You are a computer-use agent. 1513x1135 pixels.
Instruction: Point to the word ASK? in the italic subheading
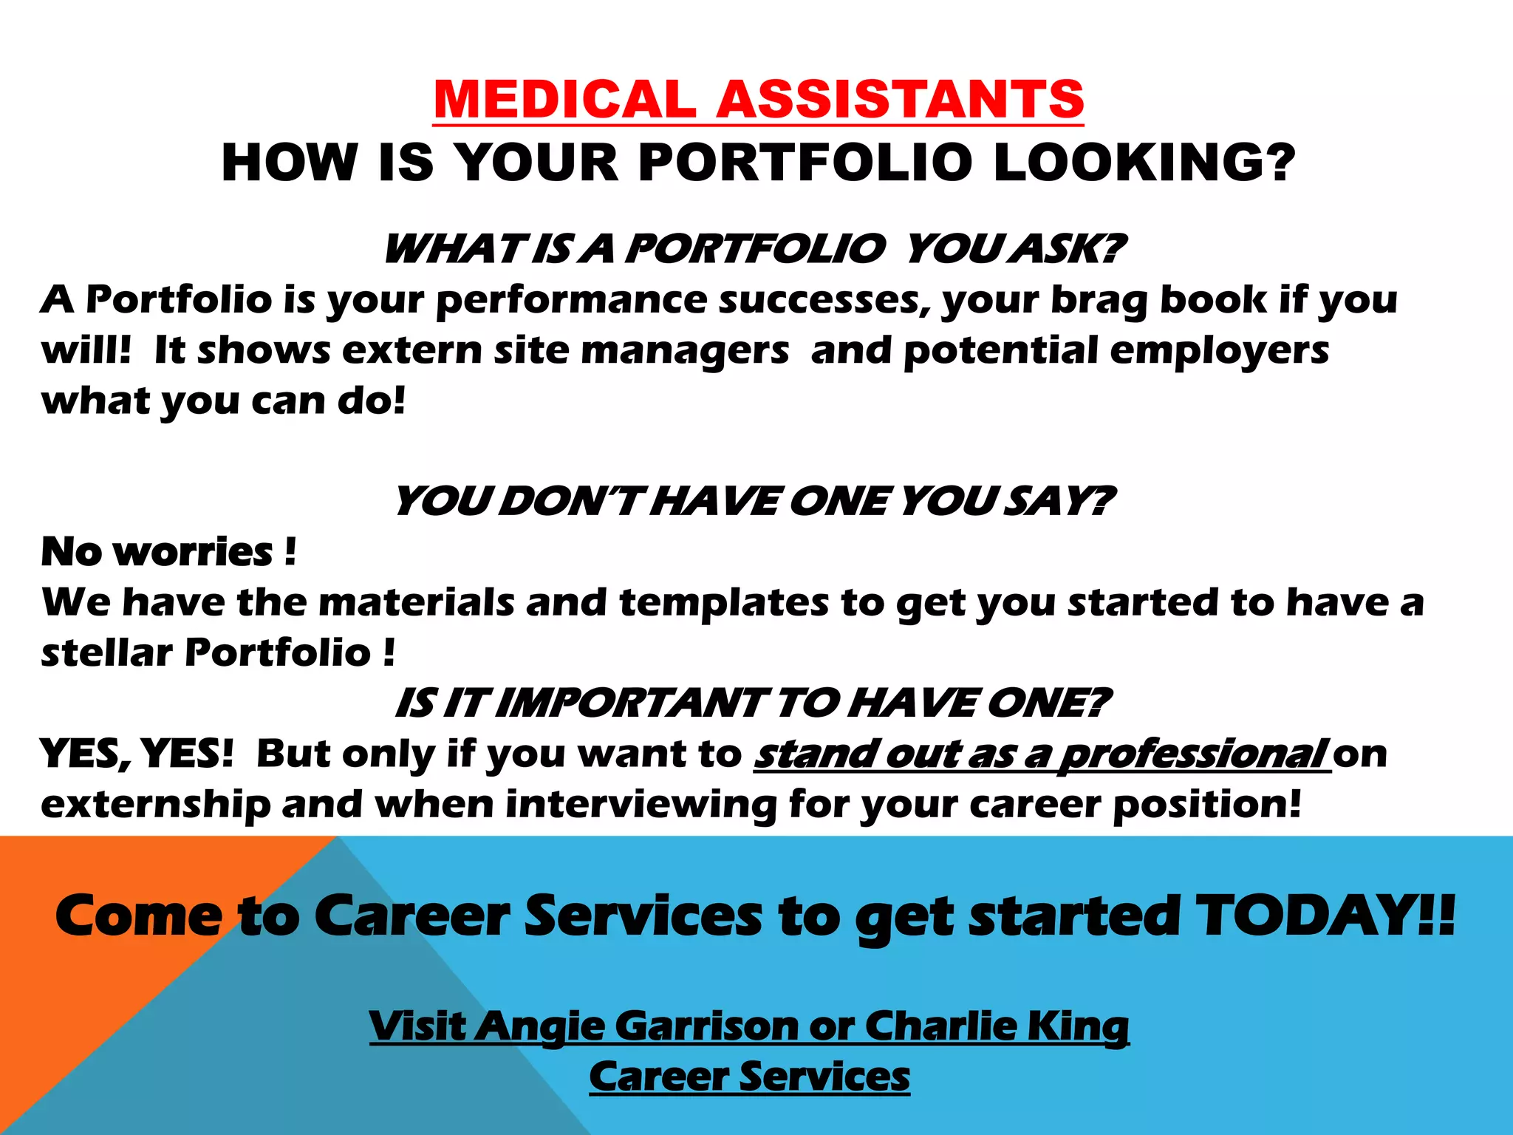[x=1070, y=248]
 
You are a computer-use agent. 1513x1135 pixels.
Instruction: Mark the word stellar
[x=106, y=652]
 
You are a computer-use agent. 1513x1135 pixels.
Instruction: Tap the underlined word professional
[x=1193, y=754]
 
